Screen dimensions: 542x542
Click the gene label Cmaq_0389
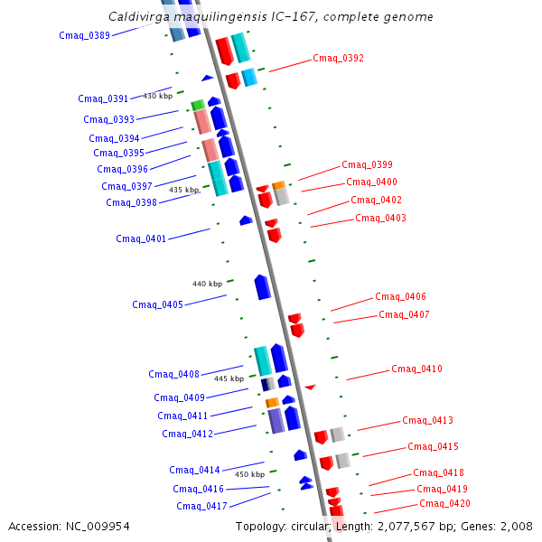coord(84,36)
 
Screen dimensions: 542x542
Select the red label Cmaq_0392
coord(338,58)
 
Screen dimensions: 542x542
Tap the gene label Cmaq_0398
coord(131,202)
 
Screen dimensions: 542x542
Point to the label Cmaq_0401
coord(141,238)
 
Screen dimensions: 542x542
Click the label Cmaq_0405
coord(157,304)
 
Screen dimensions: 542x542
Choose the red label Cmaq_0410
coord(416,369)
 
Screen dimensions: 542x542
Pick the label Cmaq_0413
coord(427,420)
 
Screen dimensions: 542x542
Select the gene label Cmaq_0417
coord(201,506)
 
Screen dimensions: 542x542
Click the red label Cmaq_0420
coord(444,503)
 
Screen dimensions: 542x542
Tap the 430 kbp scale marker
coord(157,96)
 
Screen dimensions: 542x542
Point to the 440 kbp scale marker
coord(207,284)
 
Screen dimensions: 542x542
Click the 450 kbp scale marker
coord(249,474)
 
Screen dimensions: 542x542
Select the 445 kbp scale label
coord(229,378)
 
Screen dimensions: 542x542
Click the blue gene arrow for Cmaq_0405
coord(263,286)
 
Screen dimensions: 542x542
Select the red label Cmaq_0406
coord(400,296)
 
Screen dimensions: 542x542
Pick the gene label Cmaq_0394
coord(114,138)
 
